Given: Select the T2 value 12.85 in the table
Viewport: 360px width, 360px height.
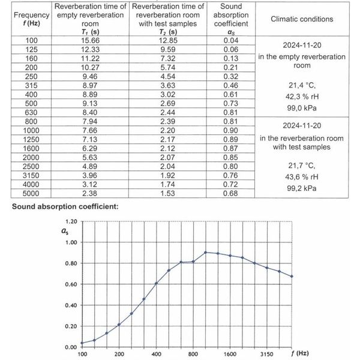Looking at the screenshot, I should point(165,40).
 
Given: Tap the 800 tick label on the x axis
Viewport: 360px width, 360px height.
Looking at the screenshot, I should point(193,355).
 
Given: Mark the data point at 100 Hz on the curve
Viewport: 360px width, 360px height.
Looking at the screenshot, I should point(82,343).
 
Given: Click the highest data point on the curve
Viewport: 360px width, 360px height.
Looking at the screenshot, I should point(206,253).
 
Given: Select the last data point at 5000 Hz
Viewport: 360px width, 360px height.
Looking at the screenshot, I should point(292,276).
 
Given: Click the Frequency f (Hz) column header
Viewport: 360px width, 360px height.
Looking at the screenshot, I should point(23,19).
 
